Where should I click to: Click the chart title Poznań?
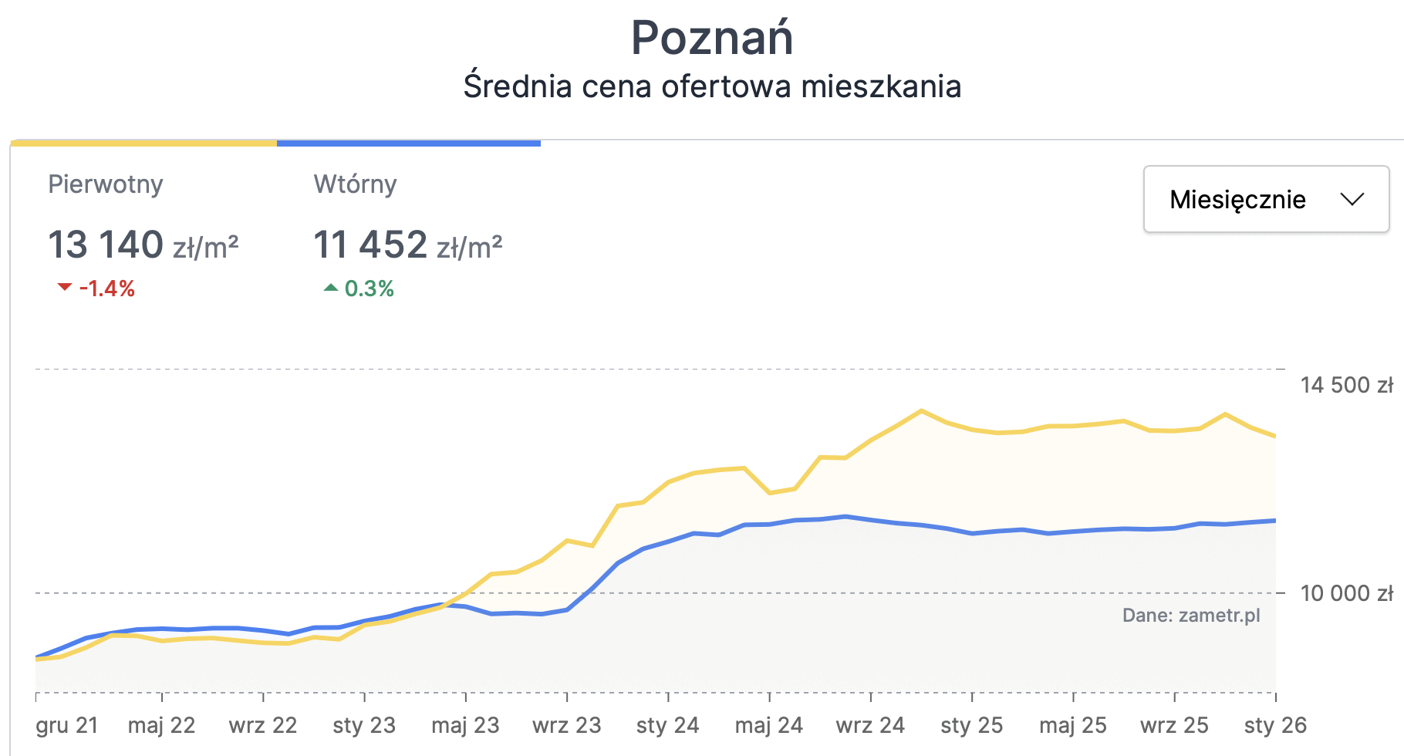point(711,38)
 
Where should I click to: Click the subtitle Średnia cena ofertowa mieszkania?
point(711,86)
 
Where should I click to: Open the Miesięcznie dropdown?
point(1265,199)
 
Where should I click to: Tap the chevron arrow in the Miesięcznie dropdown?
point(1352,199)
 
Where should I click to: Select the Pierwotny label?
point(106,184)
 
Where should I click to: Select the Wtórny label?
point(355,184)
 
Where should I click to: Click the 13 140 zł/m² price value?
point(143,245)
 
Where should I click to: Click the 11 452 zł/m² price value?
point(407,245)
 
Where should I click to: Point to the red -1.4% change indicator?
point(97,289)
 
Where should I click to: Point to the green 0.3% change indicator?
point(359,289)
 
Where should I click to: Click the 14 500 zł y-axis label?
point(1346,385)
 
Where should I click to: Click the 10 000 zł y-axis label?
point(1346,593)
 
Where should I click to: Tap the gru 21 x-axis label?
point(67,725)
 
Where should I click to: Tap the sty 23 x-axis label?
point(364,725)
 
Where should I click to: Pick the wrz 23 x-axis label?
point(566,725)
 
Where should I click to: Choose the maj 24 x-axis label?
point(768,725)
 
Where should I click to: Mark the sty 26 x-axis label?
point(1275,725)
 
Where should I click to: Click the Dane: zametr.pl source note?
point(1190,615)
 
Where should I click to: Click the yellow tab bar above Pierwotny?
point(143,143)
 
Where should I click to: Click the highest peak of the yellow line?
point(921,410)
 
